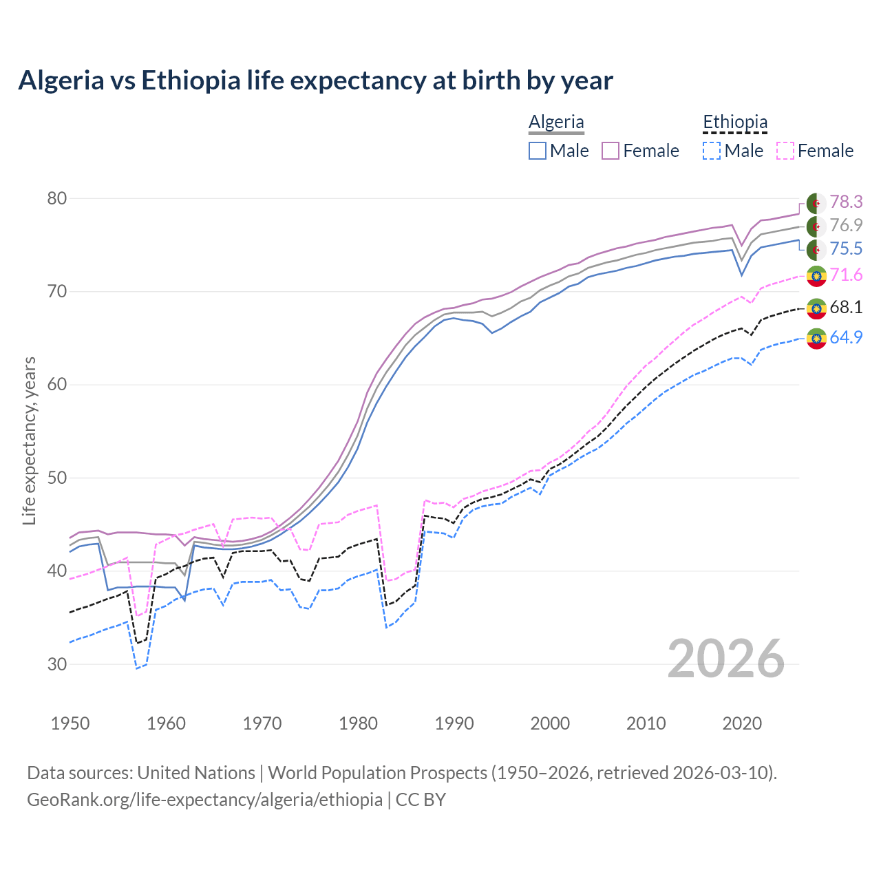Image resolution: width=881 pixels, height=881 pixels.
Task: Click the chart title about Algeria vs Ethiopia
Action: tap(315, 81)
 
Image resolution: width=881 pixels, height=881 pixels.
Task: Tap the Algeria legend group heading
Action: tap(556, 122)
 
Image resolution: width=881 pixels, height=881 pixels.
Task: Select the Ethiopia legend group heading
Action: tap(734, 122)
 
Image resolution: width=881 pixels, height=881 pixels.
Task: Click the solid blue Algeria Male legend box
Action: tap(538, 151)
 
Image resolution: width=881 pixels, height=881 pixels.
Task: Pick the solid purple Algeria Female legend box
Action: tap(611, 151)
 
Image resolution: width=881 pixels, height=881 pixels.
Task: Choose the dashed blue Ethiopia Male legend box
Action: tap(712, 151)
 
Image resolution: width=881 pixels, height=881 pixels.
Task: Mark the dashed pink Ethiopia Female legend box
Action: tap(785, 151)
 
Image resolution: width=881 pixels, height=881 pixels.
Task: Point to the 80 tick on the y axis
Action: tap(57, 198)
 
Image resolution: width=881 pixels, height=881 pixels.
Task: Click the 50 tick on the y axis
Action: tap(57, 478)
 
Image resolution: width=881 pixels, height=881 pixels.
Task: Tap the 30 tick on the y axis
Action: tap(57, 664)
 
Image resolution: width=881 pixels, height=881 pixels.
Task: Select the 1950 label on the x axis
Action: tap(70, 723)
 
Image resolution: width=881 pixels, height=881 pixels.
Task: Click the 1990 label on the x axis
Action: tap(454, 723)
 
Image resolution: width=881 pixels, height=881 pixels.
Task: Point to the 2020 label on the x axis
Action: tap(742, 723)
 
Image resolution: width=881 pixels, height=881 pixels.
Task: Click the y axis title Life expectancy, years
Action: tap(29, 440)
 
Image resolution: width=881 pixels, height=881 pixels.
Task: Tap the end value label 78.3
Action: tap(846, 202)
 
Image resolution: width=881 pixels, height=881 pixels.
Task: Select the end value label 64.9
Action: tap(846, 337)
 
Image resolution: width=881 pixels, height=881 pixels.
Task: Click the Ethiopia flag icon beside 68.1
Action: tap(816, 308)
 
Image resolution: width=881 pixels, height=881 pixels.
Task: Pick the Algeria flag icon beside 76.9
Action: tap(816, 226)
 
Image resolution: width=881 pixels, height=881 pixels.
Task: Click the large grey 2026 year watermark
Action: tap(726, 659)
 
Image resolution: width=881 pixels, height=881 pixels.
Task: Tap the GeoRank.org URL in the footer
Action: tap(204, 799)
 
